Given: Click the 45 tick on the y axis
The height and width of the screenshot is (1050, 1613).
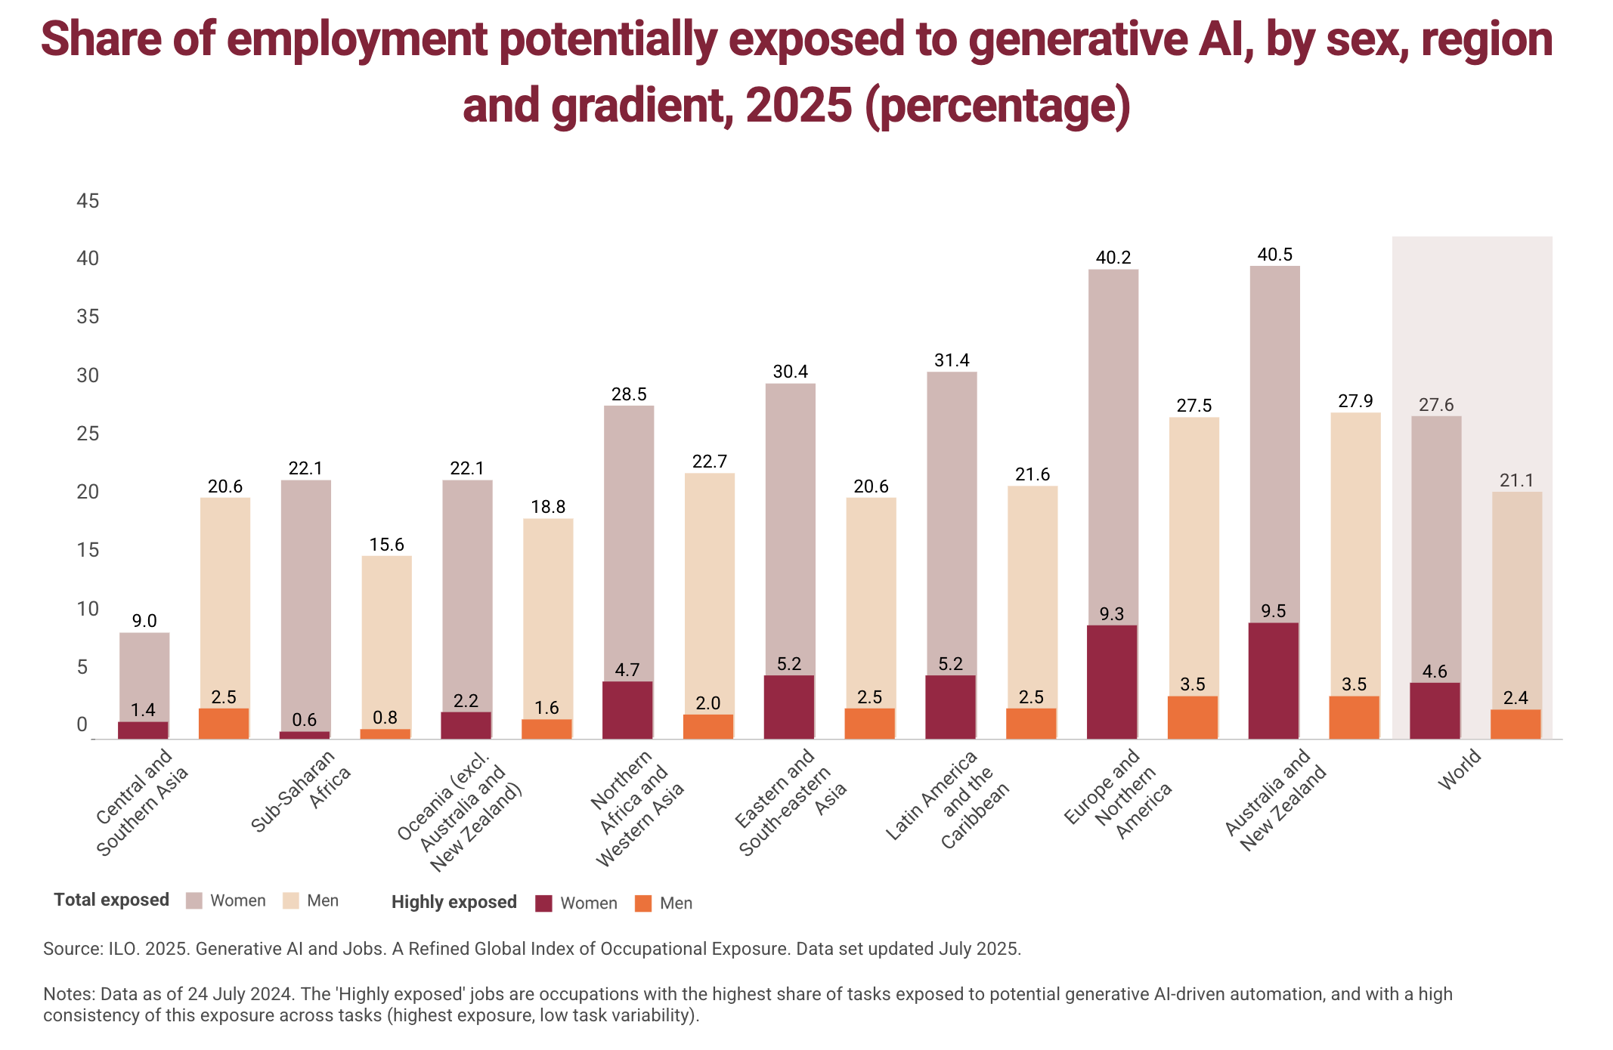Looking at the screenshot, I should coord(88,201).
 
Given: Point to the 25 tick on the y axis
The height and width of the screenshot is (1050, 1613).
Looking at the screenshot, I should coord(88,434).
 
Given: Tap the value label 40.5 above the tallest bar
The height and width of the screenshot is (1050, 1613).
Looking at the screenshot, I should coord(1275,255).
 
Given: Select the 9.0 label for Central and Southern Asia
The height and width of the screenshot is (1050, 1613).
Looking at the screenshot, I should coord(144,621).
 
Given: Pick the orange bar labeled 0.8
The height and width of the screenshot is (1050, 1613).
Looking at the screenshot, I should coord(385,733).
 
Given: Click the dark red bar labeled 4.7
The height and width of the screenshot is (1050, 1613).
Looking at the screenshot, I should coord(627,710).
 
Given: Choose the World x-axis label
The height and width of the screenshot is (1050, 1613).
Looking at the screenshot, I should coord(1460,771).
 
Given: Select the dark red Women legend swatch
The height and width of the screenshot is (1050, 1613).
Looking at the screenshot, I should coord(543,903).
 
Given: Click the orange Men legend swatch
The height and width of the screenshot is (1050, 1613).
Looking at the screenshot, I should coord(643,903).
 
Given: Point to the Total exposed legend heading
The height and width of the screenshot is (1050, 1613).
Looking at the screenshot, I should coord(112,900).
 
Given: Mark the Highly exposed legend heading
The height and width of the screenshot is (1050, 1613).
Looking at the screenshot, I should coord(454,902).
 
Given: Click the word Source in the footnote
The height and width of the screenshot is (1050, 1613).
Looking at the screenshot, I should coord(68,949).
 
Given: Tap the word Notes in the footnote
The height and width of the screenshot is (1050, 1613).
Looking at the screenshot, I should coord(67,994).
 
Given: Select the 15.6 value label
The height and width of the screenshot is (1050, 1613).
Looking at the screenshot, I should coord(387,545).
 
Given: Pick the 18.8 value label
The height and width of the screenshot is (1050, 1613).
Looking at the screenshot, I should coord(548,507).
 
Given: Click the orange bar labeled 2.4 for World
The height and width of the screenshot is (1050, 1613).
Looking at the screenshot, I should coord(1516,724).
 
